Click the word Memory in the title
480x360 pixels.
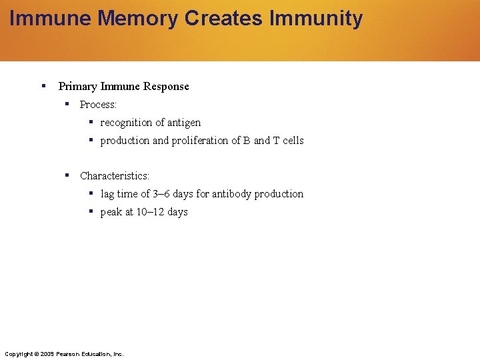[137, 19]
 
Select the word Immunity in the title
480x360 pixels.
[316, 19]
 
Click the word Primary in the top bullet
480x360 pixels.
[77, 86]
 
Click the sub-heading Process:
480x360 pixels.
[98, 105]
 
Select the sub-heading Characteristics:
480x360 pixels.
[115, 176]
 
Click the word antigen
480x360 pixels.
[184, 123]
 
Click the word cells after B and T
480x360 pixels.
[293, 141]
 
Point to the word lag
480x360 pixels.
[107, 194]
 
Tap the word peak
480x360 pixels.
[111, 212]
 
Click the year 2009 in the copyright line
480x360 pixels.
[47, 353]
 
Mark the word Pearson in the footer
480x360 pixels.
[69, 353]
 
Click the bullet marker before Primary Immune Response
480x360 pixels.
[43, 85]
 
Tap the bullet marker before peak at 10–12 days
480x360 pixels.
[91, 211]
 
